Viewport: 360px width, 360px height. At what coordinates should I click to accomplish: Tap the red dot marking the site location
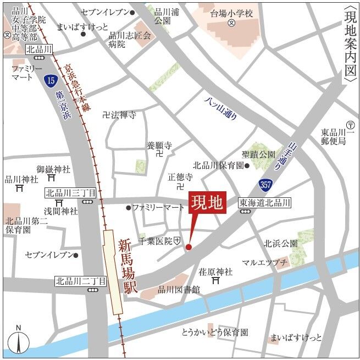pyautogui.click(x=189, y=247)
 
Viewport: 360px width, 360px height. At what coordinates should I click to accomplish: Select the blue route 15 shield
pyautogui.click(x=50, y=81)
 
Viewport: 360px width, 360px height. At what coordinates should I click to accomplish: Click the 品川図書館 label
pyautogui.click(x=179, y=289)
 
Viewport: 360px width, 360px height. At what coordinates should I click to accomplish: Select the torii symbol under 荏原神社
pyautogui.click(x=216, y=281)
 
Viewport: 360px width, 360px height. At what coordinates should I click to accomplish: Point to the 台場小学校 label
pyautogui.click(x=232, y=13)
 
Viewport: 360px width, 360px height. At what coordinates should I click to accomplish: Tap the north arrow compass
pyautogui.click(x=19, y=341)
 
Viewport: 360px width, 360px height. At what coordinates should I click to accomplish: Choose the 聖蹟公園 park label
pyautogui.click(x=258, y=155)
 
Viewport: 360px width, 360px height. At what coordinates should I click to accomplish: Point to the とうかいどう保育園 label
pyautogui.click(x=215, y=333)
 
